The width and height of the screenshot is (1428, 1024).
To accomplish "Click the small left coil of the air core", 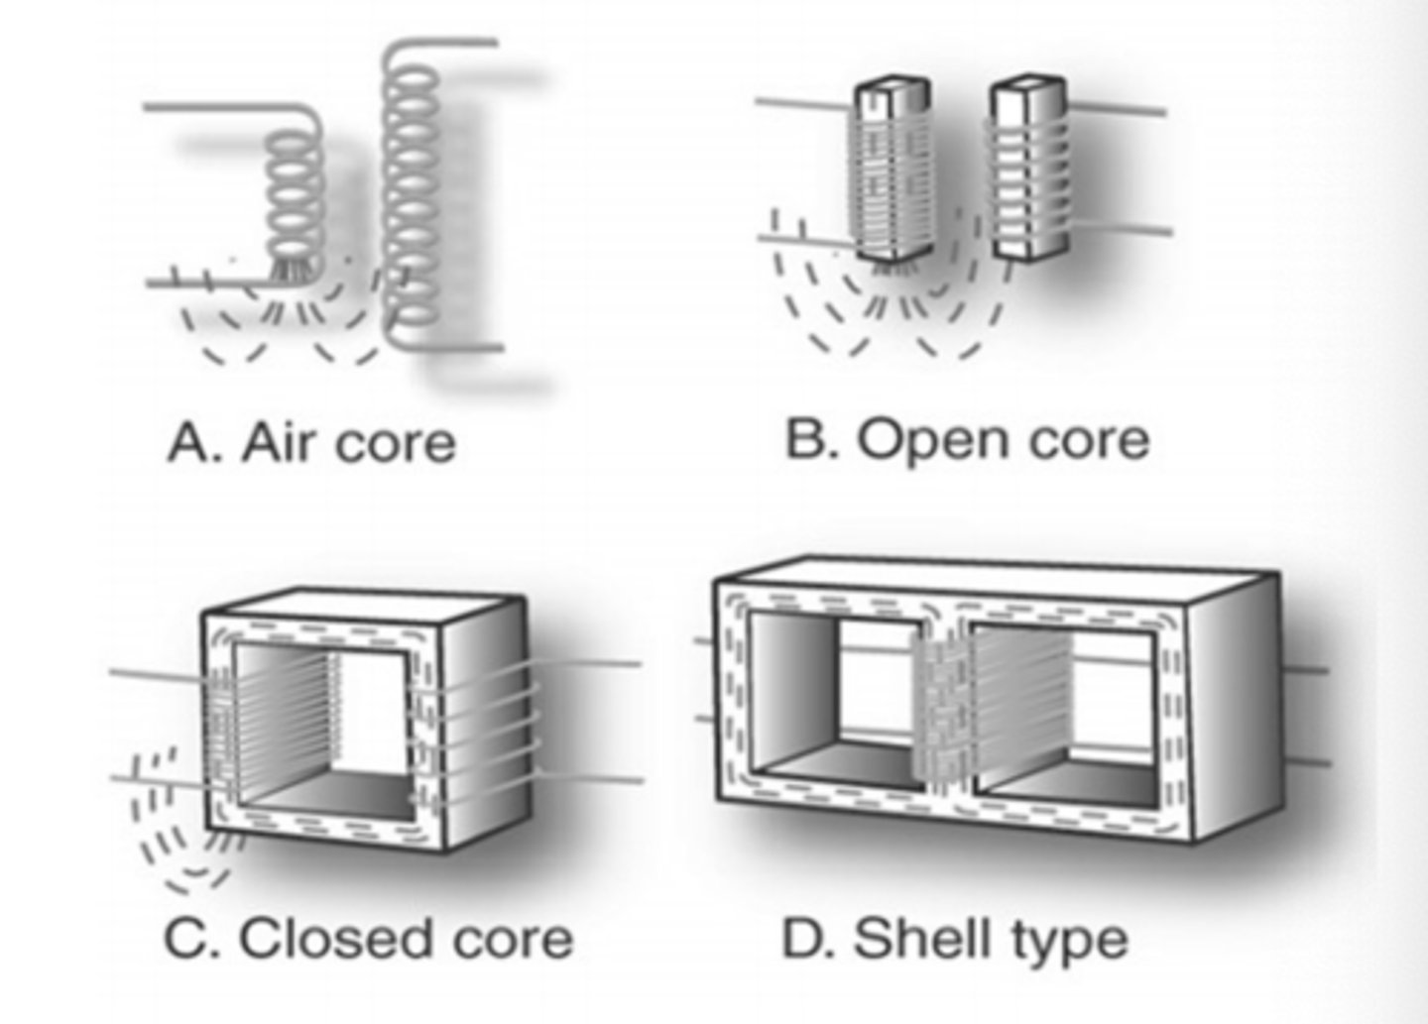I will click(x=295, y=208).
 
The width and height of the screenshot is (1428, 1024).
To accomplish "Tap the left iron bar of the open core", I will click(x=889, y=173).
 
